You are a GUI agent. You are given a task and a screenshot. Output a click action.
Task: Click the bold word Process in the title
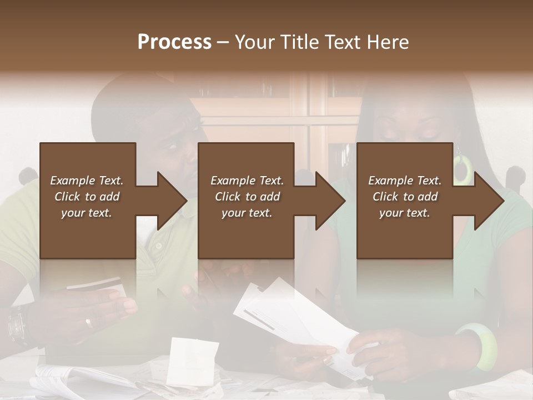coord(174,42)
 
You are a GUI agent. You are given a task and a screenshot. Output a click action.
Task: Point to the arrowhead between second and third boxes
coord(330,201)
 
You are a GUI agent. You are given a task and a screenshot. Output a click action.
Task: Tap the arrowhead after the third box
coord(488,201)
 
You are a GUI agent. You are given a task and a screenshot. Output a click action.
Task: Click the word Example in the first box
coord(71,181)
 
